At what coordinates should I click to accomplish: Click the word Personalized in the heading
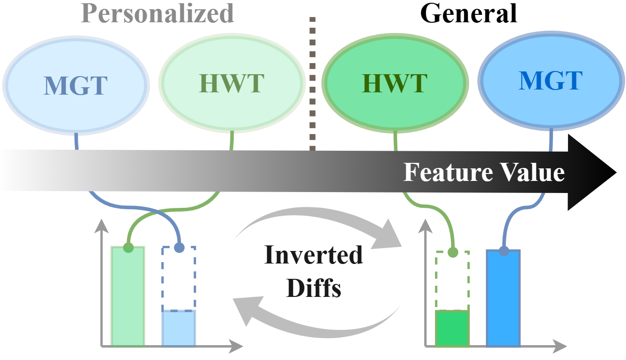coord(157,14)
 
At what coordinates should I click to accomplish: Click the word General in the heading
coord(468,14)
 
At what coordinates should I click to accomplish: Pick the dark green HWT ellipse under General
coord(395,84)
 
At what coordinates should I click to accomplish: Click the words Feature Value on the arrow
coord(484,173)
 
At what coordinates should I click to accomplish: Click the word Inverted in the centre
coord(313,256)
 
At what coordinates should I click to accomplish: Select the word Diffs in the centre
coord(313,288)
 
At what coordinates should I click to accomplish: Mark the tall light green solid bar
coord(128,297)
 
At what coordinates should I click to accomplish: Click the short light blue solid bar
coord(179,328)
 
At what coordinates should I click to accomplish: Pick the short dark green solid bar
coord(452,328)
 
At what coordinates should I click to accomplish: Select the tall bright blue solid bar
coord(503,299)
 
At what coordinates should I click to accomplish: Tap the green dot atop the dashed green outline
coord(453,252)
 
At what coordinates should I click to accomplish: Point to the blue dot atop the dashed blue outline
coord(179,248)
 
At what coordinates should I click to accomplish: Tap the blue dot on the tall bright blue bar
coord(504,252)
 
